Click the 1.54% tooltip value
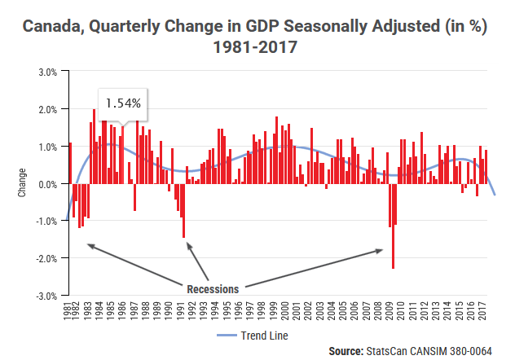[x=123, y=103]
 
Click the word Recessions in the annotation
[x=213, y=288]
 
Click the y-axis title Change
[x=21, y=184]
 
